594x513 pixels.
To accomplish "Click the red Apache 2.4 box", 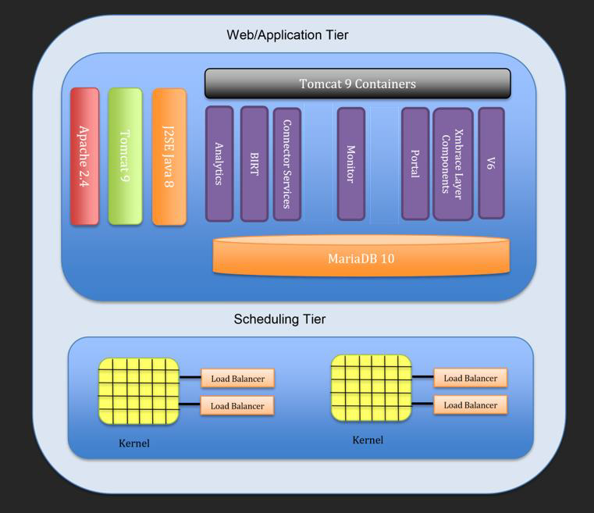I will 84,156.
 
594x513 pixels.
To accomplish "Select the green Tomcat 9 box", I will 125,156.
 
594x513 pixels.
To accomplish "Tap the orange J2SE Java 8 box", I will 169,156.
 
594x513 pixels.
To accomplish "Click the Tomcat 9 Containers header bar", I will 357,84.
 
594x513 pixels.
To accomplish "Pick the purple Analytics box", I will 219,163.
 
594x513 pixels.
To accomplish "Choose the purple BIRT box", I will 254,163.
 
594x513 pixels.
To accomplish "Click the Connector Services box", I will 287,163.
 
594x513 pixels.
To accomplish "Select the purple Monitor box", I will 350,163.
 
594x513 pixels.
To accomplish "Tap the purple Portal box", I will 415,163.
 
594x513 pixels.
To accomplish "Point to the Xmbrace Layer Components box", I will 453,163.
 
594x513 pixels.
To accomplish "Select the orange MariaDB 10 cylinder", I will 361,258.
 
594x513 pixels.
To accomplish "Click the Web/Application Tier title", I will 287,35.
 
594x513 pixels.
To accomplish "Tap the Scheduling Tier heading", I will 279,319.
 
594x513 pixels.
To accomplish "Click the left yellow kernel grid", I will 138,391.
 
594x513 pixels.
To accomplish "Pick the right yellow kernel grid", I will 371,388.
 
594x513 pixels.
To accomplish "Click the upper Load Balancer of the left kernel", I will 237,379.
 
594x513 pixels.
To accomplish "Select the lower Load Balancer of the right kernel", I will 470,405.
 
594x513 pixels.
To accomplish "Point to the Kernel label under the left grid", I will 133,444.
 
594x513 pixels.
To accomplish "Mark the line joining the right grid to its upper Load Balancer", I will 422,377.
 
